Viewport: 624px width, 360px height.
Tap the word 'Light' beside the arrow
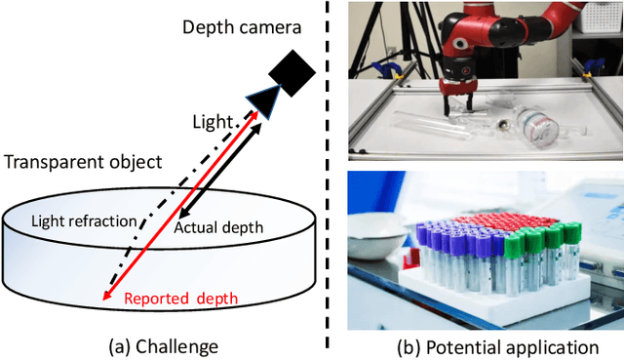[x=213, y=123]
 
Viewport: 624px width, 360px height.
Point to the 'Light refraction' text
[x=84, y=221]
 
